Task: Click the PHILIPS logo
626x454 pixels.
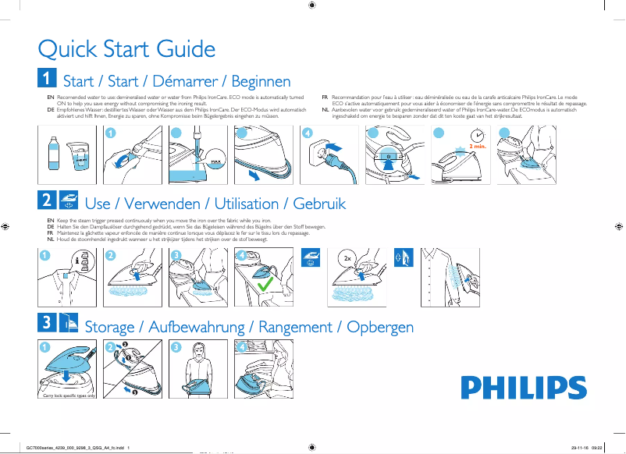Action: click(512, 388)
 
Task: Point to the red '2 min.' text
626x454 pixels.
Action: click(478, 146)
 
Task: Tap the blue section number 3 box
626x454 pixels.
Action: click(47, 323)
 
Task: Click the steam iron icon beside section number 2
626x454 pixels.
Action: click(69, 201)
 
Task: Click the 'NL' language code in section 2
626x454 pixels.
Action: click(51, 239)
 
